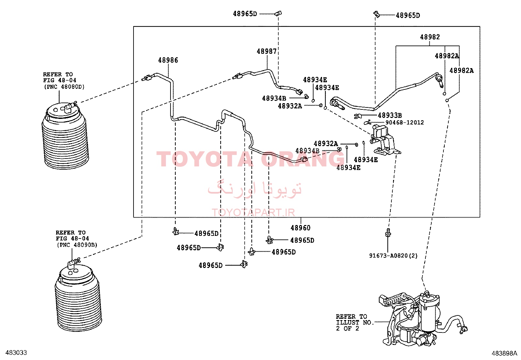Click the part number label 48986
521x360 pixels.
coord(168,60)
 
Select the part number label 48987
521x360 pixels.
coord(266,51)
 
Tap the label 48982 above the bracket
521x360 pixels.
coord(430,37)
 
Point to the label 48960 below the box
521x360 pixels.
coord(300,228)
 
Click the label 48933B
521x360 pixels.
coord(390,116)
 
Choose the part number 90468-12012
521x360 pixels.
coord(405,123)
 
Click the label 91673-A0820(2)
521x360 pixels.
coord(393,256)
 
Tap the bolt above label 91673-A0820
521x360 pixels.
coord(388,233)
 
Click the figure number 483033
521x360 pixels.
coord(16,352)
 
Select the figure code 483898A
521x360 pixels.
coord(504,353)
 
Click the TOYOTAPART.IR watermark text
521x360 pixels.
coord(253,212)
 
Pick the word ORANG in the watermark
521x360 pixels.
coord(303,159)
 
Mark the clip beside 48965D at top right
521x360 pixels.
coord(377,14)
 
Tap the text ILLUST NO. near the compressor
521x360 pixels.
coord(355,323)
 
